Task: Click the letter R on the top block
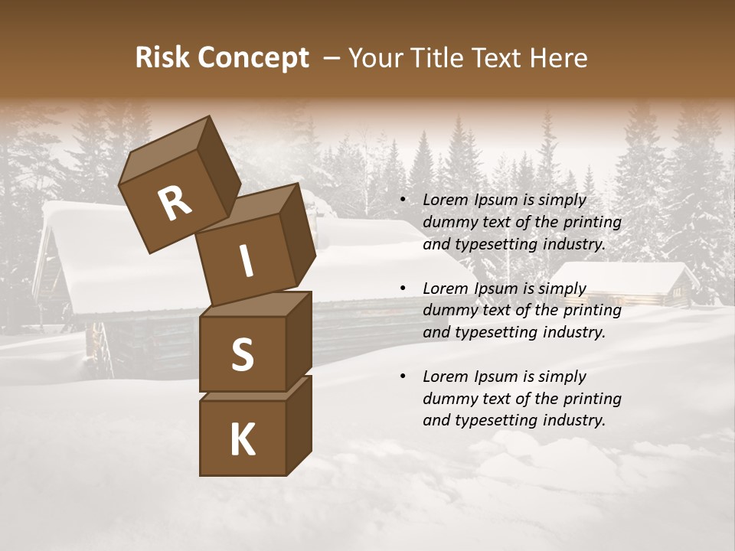coord(175,204)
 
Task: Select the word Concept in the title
coord(252,59)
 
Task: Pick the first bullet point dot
coord(403,200)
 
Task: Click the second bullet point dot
coord(403,289)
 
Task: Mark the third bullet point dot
coord(403,377)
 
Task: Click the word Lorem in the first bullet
coord(445,200)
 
